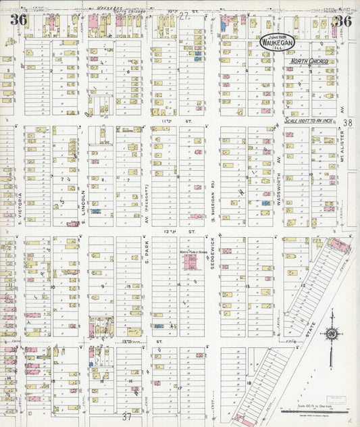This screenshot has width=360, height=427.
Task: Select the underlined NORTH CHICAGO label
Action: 309,61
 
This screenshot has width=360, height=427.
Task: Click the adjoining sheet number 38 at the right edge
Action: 347,123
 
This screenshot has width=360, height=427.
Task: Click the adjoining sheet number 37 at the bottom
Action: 127,417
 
